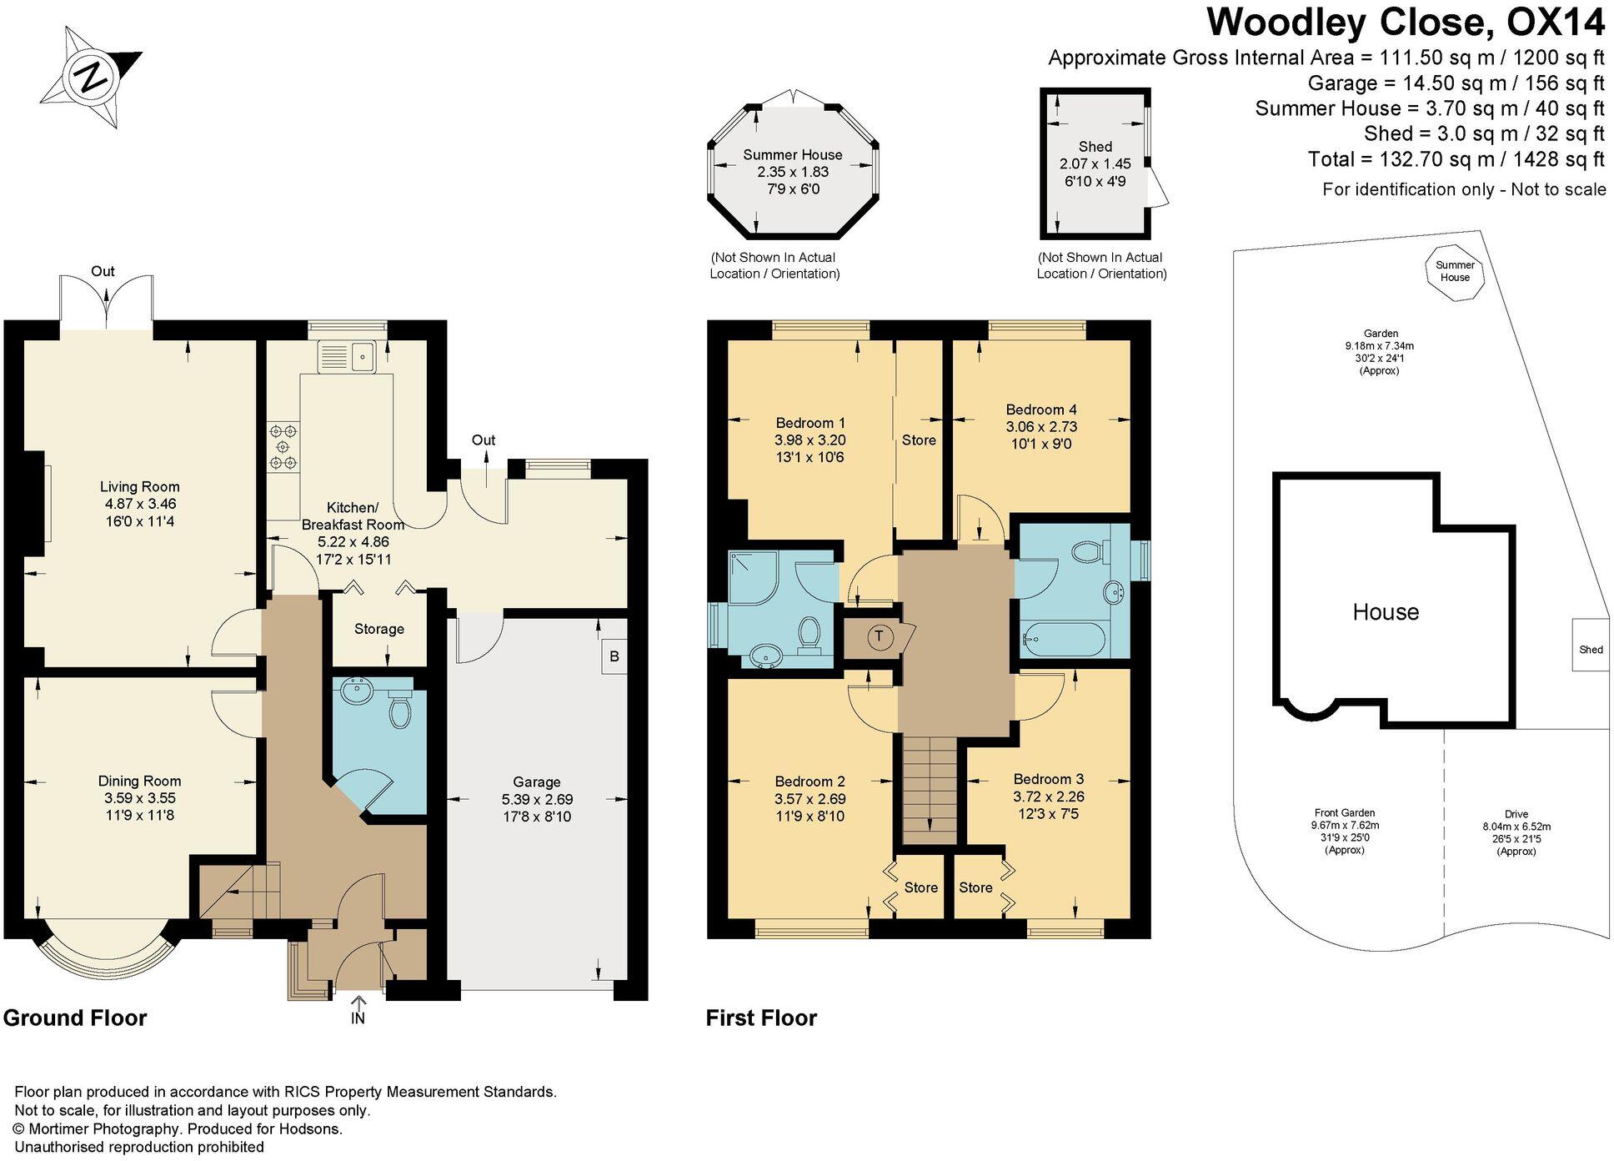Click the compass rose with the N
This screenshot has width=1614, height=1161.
coord(91,77)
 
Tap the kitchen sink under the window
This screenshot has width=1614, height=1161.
coord(348,357)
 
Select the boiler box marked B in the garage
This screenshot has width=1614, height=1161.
coord(614,656)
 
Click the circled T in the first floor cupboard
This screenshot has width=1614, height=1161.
coord(879,637)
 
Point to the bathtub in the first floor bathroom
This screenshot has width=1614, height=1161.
coord(1064,641)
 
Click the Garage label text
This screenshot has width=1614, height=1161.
coord(537,782)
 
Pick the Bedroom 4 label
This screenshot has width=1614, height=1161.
coord(1041,410)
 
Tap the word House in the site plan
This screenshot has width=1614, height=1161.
coord(1386,612)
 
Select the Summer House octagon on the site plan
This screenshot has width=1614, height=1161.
coord(1455,271)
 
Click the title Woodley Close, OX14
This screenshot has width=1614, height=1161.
coord(1406,23)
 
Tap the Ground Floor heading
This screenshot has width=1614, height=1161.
coord(75,1018)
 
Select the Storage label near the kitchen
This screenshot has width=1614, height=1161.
coord(379,629)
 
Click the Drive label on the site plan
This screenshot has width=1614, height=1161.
coord(1516,814)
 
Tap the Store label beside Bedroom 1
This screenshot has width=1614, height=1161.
coord(919,440)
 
